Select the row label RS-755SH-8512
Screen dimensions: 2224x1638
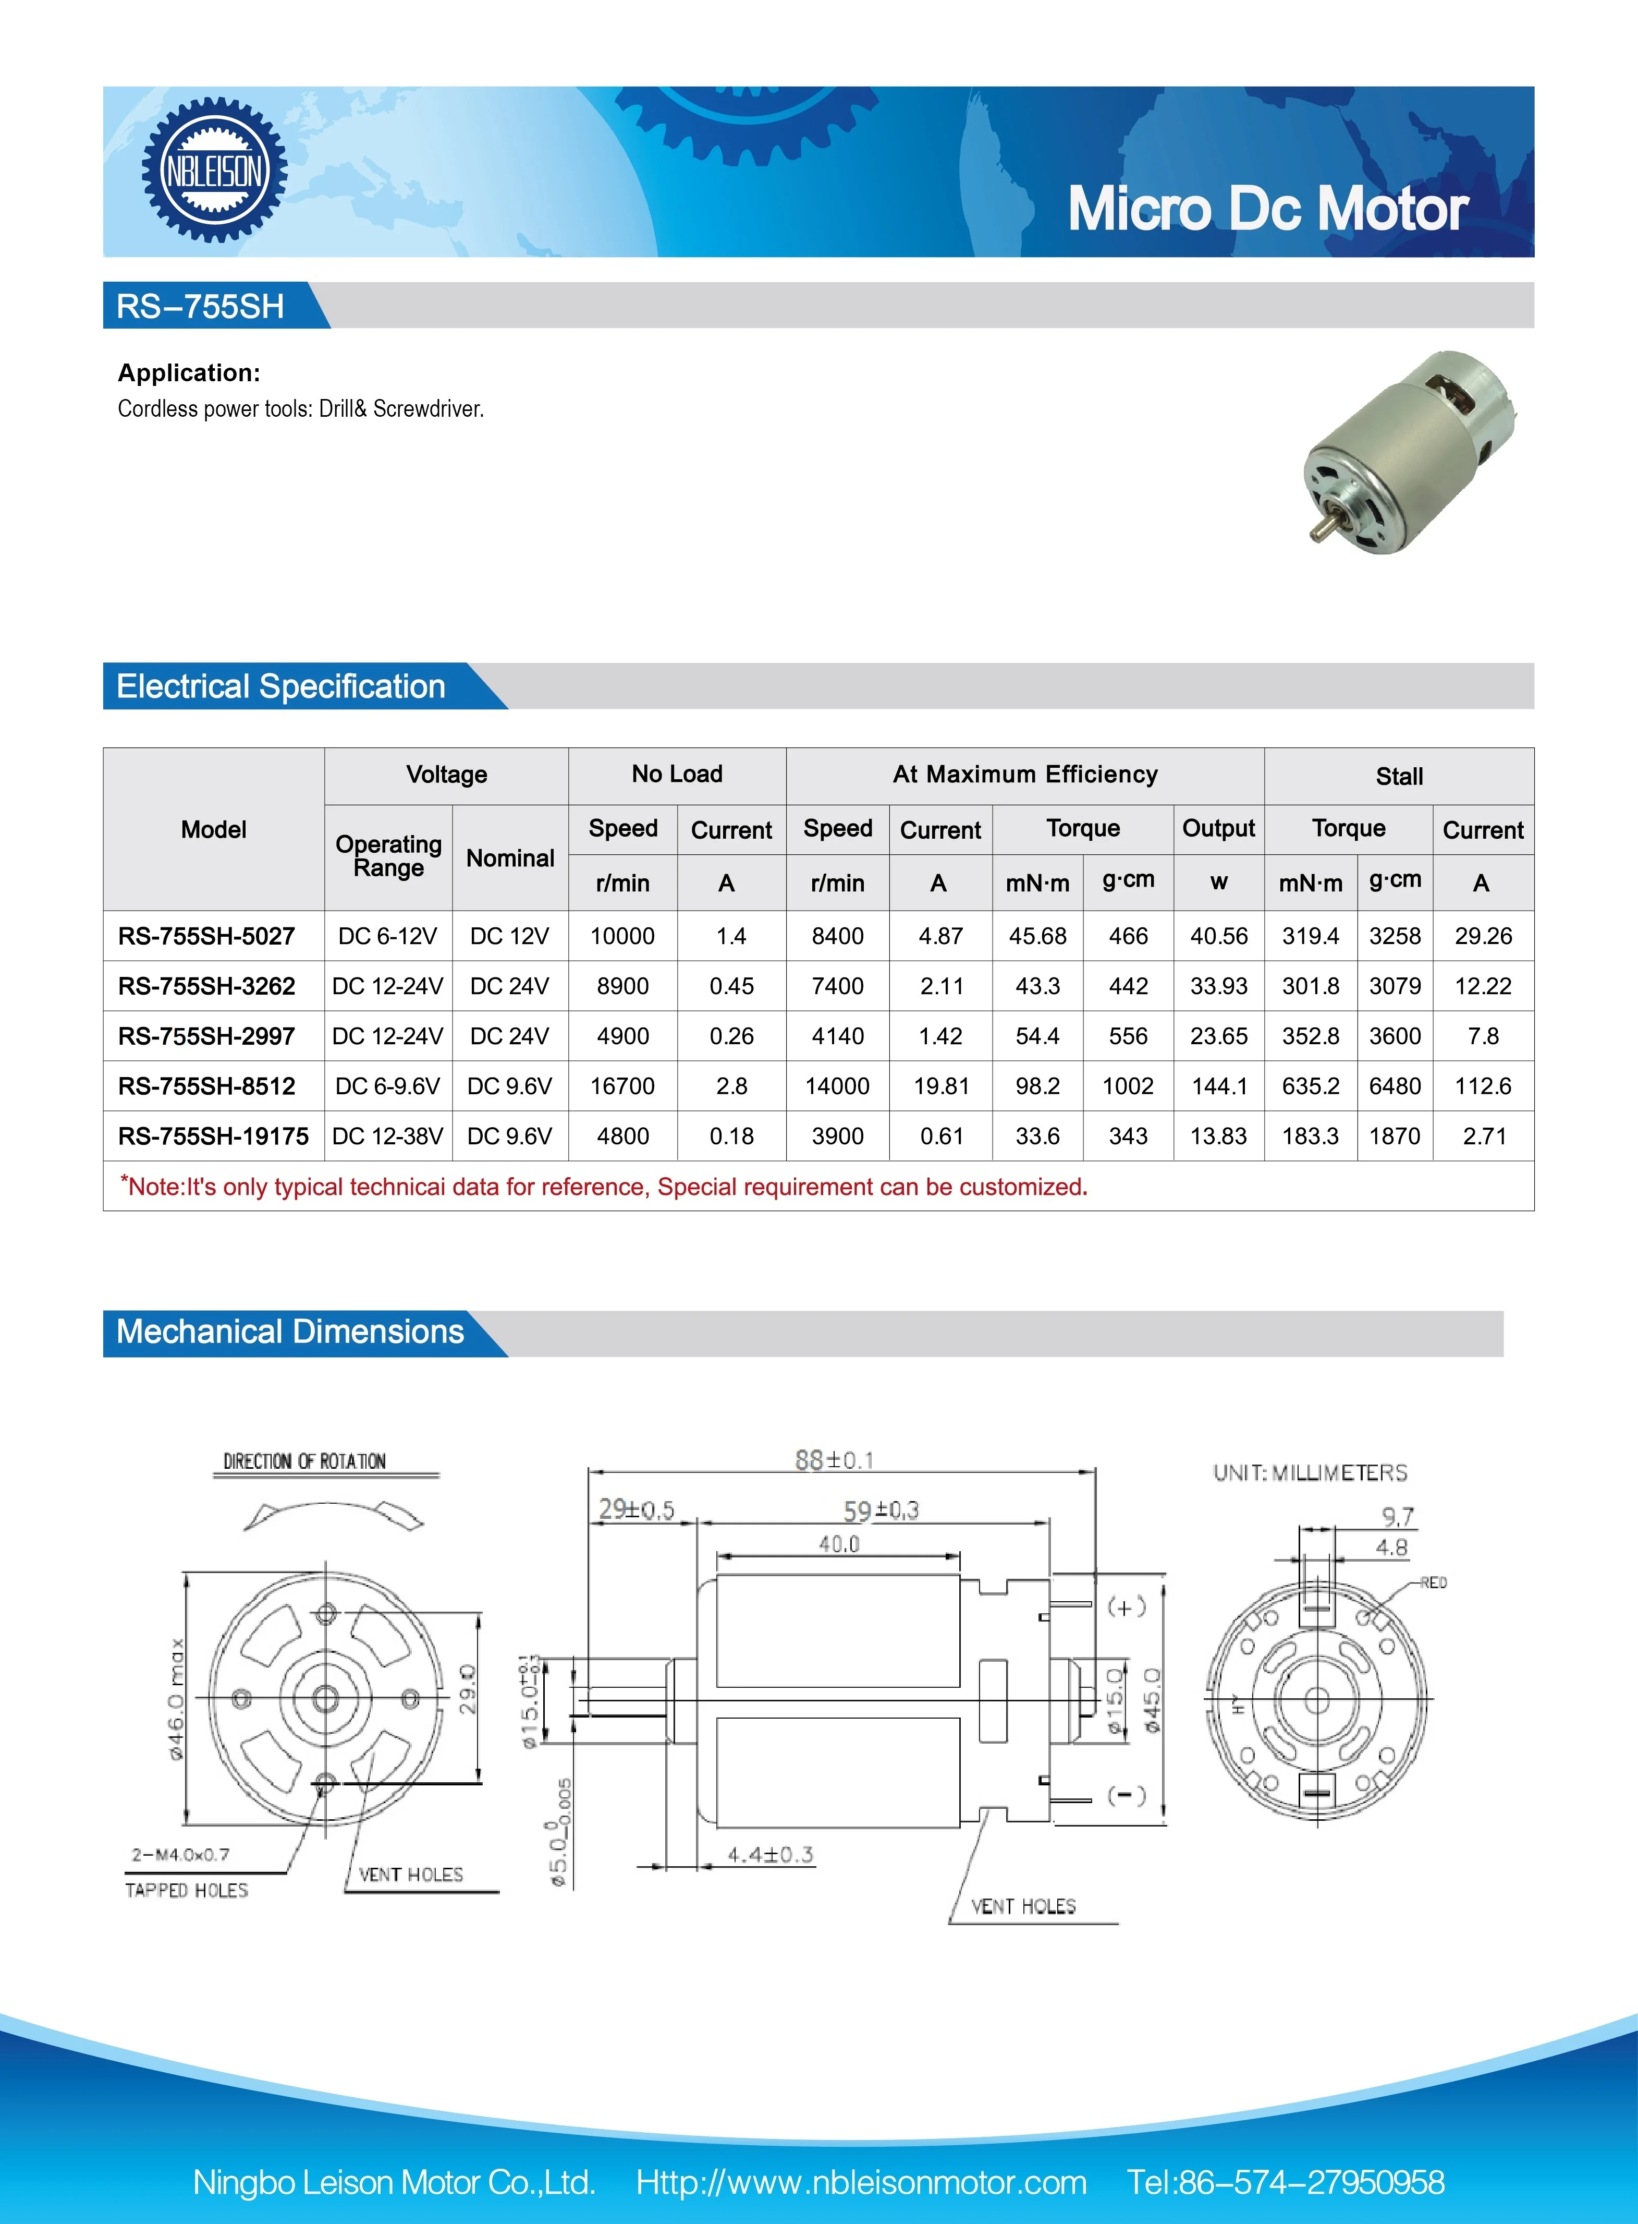coord(206,1086)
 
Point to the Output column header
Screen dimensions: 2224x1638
coord(1218,828)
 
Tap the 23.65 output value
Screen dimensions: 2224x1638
coord(1218,1036)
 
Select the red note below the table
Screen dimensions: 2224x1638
coord(605,1187)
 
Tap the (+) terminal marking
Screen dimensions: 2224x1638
coord(1127,1606)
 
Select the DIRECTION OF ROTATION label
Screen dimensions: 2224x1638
coord(304,1461)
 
